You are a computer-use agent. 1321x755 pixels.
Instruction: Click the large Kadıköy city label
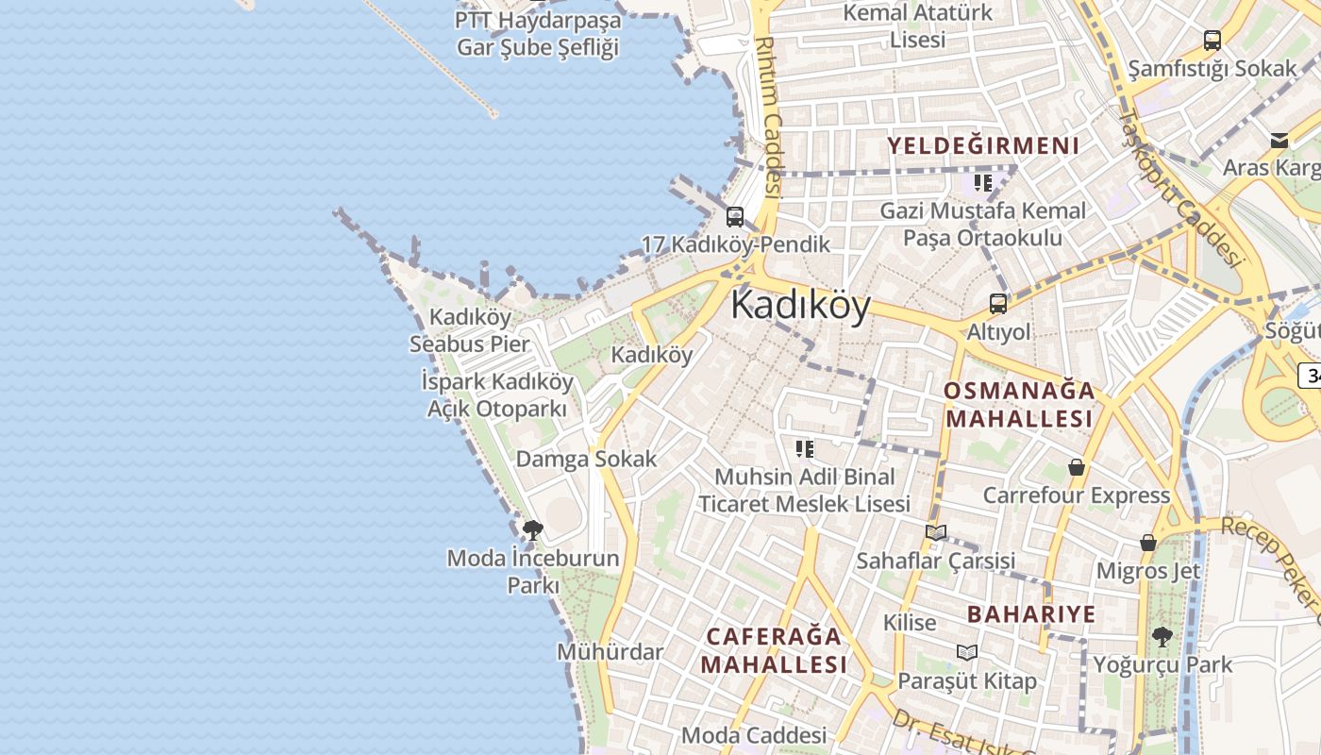800,306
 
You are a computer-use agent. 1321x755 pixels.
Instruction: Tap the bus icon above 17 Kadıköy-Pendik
735,216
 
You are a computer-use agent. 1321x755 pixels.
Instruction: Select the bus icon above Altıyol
997,304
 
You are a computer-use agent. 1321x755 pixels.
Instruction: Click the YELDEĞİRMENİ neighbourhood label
983,145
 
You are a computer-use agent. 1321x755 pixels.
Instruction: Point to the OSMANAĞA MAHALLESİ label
1019,404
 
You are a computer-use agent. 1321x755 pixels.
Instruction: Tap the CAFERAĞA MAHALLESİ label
774,649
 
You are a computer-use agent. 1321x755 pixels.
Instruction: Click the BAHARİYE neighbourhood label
1031,614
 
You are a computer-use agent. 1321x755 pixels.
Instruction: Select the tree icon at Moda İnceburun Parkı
533,529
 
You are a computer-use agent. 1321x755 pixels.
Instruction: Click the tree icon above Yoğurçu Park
1162,637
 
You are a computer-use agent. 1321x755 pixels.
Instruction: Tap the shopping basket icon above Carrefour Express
1076,467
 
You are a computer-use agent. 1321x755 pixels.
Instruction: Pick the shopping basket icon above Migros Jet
1148,543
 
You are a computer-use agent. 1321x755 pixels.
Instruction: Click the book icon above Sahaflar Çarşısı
936,532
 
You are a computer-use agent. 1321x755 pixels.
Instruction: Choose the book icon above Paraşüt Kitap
967,652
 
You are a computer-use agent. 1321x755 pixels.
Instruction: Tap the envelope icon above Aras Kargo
1279,141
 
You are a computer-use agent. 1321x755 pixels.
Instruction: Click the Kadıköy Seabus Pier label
470,330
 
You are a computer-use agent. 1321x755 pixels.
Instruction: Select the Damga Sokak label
586,460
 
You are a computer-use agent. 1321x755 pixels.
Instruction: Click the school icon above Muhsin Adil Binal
804,448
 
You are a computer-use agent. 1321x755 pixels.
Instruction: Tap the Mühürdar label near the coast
610,652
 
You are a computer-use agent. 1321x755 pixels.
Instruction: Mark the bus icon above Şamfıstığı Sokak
1212,41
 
